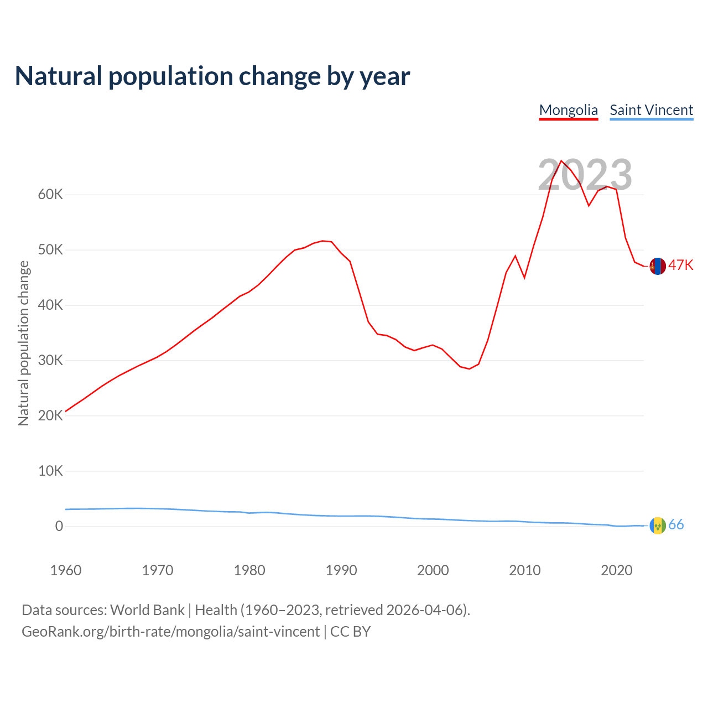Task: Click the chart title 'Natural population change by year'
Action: pos(212,76)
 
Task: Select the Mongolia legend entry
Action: pos(568,110)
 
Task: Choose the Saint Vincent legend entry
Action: pos(651,110)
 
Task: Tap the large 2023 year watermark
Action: pos(585,175)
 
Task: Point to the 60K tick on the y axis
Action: pos(50,195)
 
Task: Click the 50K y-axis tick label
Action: pos(50,250)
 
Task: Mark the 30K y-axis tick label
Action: pos(50,361)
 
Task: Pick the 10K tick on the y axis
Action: pos(50,471)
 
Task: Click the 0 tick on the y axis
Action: pos(59,527)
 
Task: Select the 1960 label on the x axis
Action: pos(66,570)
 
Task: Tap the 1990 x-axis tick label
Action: pos(341,570)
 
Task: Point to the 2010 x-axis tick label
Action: pos(525,570)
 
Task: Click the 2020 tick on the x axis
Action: pos(617,570)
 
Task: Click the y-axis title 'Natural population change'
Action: pos(24,343)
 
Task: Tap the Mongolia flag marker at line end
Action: pos(657,266)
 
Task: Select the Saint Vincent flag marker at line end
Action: pos(657,525)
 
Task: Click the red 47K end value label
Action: pos(680,265)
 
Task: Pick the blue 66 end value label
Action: pos(676,525)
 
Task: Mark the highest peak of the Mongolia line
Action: pos(561,161)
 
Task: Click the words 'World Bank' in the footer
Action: pos(147,610)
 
